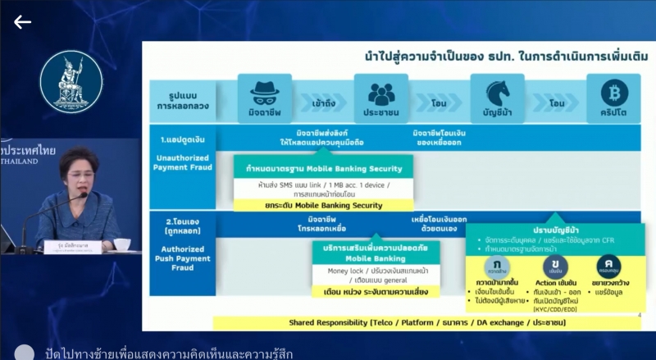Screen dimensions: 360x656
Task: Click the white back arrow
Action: point(22,22)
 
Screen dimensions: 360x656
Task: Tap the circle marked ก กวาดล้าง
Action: point(497,267)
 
